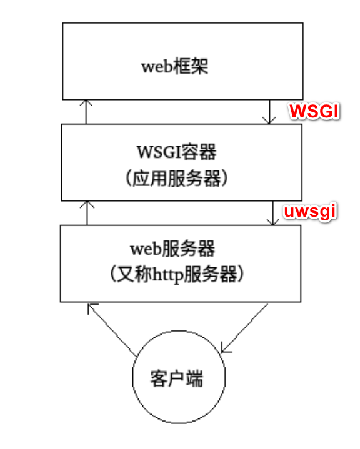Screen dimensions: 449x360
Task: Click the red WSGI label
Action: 313,111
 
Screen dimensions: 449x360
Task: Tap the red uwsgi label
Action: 311,212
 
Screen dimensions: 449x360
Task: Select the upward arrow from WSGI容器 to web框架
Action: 86,111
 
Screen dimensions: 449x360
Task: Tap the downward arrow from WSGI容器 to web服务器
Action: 273,212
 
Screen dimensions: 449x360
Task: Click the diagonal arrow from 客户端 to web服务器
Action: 112,329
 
